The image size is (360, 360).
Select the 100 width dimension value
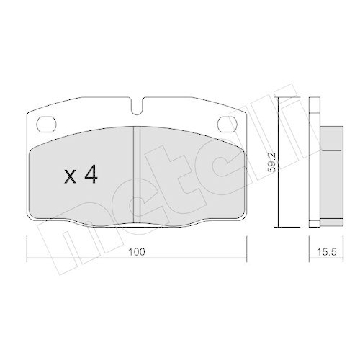[x=138, y=253]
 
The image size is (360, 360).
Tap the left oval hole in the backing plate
[x=45, y=122]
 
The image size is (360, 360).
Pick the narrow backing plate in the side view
[x=313, y=162]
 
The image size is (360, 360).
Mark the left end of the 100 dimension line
[x=27, y=258]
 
